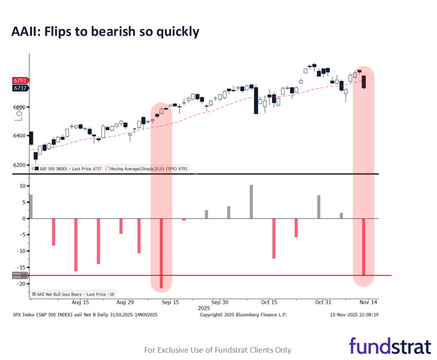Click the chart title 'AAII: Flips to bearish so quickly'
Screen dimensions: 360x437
coord(105,32)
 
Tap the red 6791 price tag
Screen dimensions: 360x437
coord(20,80)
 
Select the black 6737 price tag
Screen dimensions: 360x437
coord(20,88)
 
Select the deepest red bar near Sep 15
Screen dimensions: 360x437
coord(161,253)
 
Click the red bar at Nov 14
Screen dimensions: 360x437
coord(364,248)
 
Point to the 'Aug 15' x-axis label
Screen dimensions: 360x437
coord(80,302)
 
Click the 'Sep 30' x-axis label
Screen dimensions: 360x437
coord(220,302)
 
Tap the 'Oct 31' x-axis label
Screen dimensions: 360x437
coord(323,302)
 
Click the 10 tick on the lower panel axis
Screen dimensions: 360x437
coord(22,186)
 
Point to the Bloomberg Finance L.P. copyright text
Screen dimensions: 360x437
coord(243,315)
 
